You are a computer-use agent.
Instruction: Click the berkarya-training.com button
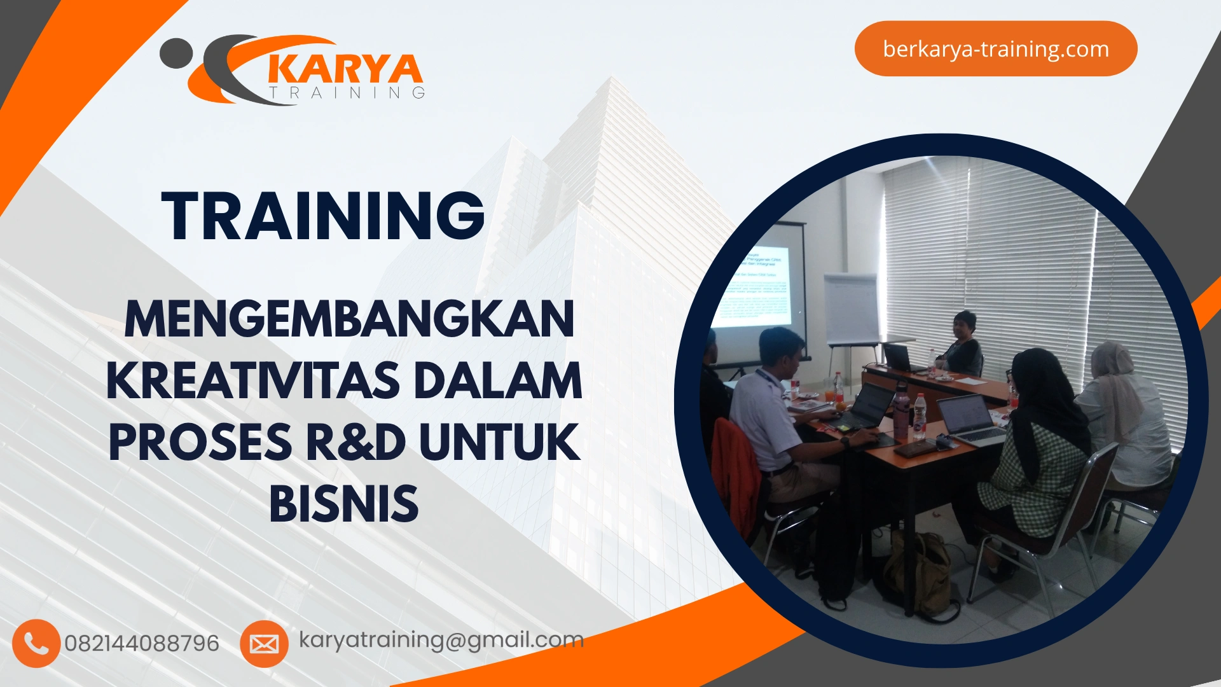pos(995,49)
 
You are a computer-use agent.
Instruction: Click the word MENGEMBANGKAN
pos(349,319)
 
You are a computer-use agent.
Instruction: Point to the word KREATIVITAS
pos(253,381)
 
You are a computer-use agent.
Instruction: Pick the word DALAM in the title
pos(498,381)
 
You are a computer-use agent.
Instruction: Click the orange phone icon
pos(36,644)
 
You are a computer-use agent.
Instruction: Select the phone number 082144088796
pos(142,644)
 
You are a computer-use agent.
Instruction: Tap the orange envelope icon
pos(264,644)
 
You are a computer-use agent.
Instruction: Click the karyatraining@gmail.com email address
pos(441,640)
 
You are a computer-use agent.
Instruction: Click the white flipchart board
pos(851,309)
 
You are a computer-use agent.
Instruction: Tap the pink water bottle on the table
pos(900,413)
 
